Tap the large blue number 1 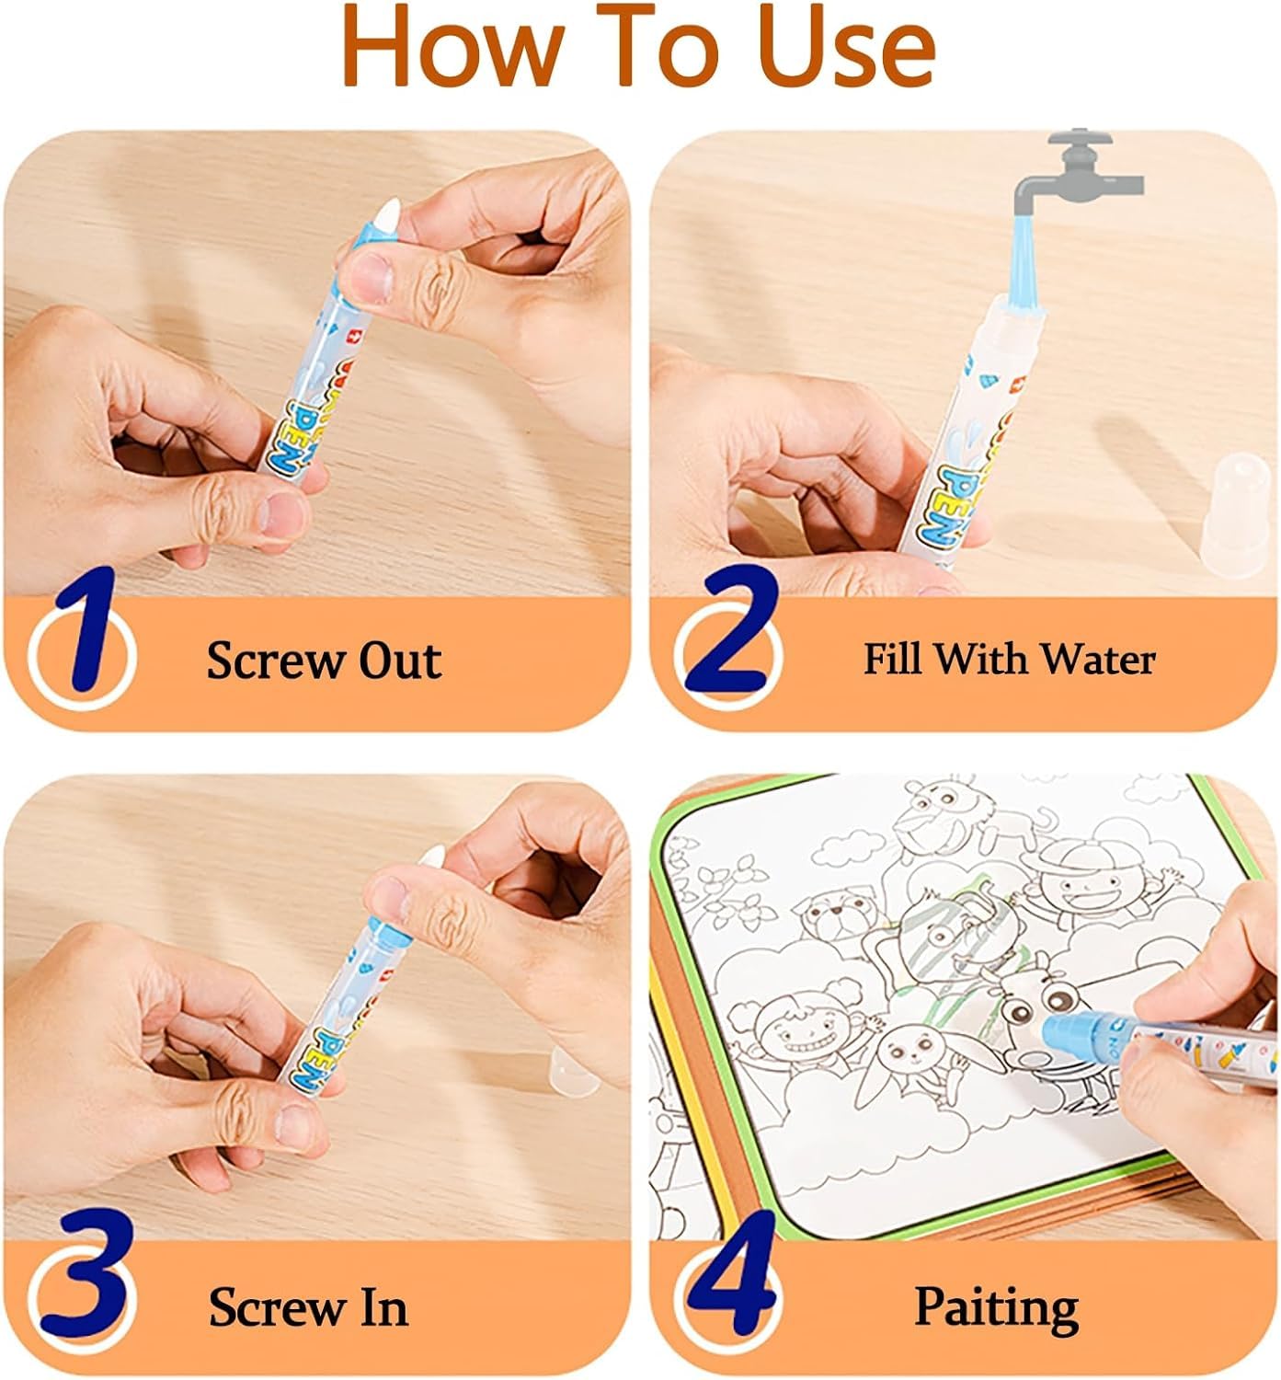(x=87, y=635)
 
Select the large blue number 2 (x=731, y=635)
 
